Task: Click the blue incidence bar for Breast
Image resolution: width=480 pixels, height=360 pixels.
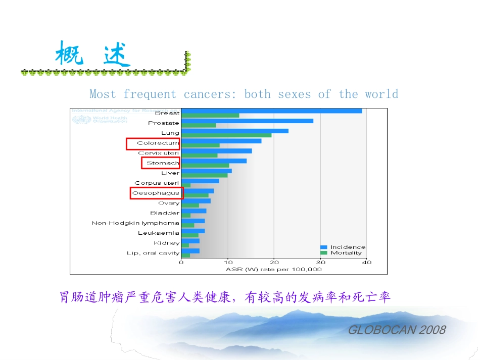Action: tap(271, 111)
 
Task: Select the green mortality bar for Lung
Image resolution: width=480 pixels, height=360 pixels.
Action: tap(226, 135)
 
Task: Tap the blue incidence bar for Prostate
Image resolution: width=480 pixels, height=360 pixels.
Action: tap(247, 121)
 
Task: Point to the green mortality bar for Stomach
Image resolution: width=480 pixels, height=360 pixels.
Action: tap(205, 166)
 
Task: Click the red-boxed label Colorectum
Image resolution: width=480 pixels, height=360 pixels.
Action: tap(153, 143)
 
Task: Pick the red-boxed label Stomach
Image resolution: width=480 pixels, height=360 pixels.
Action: tap(161, 163)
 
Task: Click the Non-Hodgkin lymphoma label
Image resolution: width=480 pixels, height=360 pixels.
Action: tap(135, 223)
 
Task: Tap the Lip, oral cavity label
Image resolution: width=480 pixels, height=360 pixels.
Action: tap(153, 253)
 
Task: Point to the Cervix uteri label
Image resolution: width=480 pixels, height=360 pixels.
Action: tap(159, 153)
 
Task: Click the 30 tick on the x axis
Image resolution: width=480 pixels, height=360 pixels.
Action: tap(320, 263)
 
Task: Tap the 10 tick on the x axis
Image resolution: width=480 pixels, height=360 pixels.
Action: tap(228, 263)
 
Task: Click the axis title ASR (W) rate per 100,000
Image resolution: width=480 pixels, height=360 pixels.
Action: tap(273, 270)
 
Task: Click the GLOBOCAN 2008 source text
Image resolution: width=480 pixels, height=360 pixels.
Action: tap(397, 330)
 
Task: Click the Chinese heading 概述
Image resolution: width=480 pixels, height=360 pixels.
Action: tap(93, 55)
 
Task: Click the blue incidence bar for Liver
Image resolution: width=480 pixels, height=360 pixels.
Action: tap(207, 171)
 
